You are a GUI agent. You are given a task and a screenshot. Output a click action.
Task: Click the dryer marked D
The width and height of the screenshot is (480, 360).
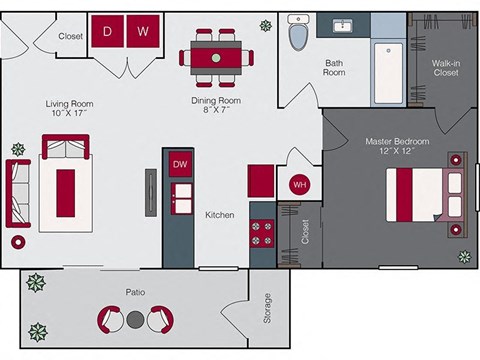[107, 31]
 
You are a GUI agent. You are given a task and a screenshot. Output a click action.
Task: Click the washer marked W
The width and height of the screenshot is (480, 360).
[143, 31]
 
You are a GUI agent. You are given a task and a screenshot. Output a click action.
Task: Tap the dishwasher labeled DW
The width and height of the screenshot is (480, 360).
[181, 164]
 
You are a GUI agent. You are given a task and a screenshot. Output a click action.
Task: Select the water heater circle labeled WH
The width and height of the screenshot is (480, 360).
[299, 185]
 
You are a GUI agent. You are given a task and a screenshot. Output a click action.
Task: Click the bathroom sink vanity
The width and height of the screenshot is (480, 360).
[343, 25]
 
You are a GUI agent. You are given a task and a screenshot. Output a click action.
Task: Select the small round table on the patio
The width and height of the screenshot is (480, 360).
[136, 320]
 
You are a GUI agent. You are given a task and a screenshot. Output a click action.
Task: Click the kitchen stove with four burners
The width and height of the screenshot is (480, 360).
[262, 234]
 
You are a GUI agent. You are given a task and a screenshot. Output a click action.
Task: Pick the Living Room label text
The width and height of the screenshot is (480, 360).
[69, 103]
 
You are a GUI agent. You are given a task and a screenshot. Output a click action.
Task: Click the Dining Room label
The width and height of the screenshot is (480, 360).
[216, 101]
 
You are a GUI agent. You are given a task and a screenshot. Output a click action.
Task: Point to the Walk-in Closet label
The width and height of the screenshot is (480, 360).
[445, 68]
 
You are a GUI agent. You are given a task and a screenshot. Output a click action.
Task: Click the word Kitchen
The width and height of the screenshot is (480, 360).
[220, 215]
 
